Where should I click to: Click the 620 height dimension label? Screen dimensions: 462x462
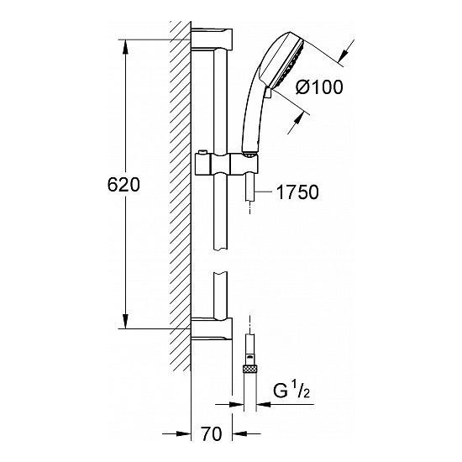[x=123, y=185]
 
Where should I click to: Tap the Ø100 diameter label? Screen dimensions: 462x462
[x=319, y=87]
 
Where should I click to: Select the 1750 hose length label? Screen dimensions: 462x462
[x=297, y=192]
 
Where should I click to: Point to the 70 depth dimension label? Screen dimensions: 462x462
[x=212, y=434]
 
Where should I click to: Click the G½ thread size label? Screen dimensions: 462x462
[x=291, y=391]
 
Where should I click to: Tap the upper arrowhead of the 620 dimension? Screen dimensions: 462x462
[x=125, y=46]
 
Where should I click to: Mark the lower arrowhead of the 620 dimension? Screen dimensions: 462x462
[x=125, y=322]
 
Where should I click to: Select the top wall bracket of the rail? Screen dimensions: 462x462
[x=212, y=39]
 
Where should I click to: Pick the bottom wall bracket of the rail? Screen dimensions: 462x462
[x=212, y=328]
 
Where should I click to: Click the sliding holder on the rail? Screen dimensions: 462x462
[x=227, y=165]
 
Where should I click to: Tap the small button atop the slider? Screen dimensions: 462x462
[x=202, y=152]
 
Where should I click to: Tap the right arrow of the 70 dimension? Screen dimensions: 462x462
[x=240, y=433]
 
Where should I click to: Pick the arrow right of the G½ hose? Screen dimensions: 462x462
[x=264, y=404]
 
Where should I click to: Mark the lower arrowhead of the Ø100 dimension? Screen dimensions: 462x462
[x=297, y=122]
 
